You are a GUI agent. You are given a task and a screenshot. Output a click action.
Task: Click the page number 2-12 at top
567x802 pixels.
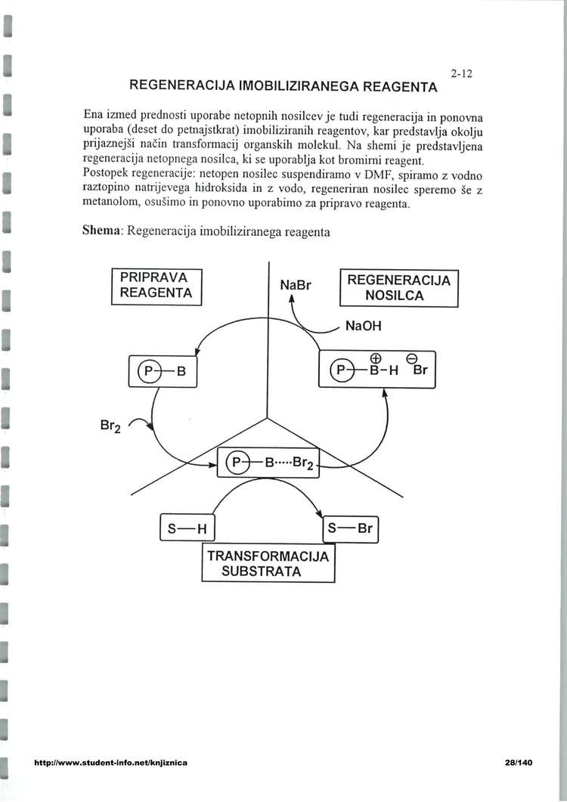pos(460,74)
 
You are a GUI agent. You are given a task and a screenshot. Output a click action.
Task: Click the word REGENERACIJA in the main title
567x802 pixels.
pos(182,86)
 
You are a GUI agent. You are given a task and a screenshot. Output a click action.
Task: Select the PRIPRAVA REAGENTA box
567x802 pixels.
pos(157,286)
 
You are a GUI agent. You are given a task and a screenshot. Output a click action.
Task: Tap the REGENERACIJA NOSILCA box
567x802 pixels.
pos(398,288)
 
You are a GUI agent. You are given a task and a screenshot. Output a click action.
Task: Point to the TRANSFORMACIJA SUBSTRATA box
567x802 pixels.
pos(268,564)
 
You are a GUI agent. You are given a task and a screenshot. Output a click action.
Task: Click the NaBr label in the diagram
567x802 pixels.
pos(295,286)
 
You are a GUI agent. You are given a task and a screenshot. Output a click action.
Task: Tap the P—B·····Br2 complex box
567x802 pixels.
pos(270,462)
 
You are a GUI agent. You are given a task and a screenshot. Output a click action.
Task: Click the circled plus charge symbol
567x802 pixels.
pos(373,358)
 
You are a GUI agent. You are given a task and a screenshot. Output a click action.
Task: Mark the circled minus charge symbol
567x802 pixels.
pos(413,358)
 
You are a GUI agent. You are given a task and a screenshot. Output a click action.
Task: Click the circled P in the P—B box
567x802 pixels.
pos(149,371)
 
